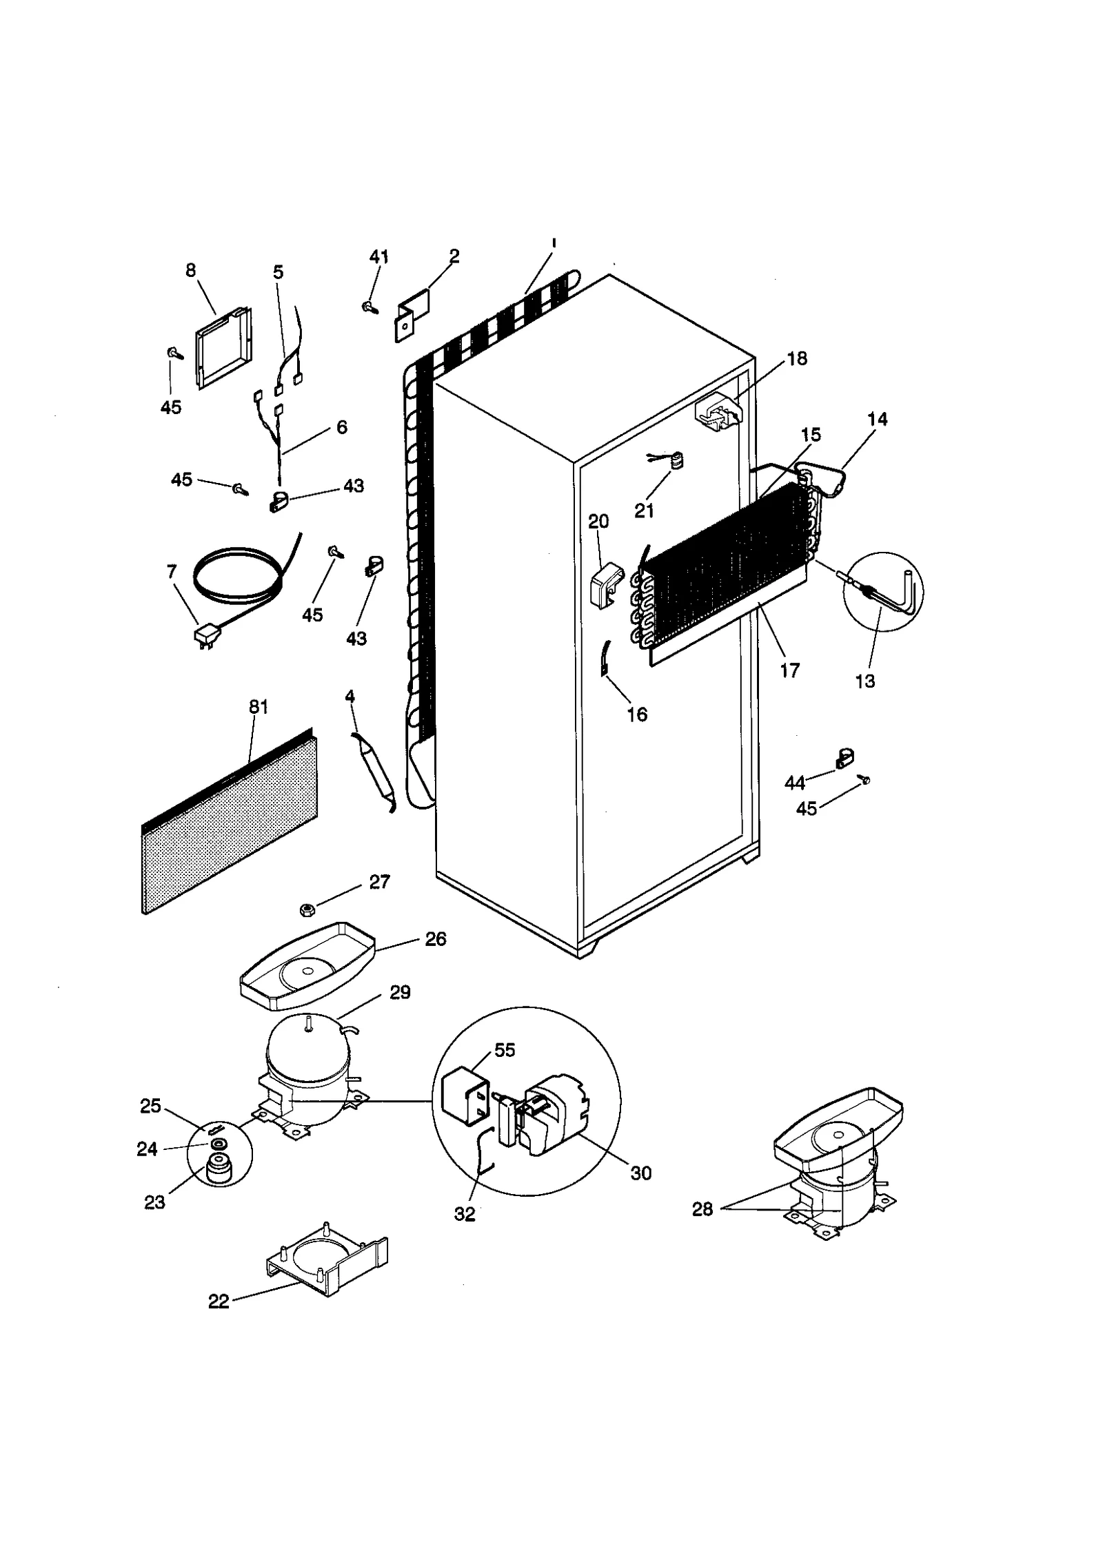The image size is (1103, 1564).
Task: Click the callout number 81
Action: tap(259, 707)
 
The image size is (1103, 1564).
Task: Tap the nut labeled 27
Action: tap(306, 910)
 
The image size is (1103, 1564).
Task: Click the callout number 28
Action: tap(702, 1208)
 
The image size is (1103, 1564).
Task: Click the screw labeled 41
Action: tap(370, 307)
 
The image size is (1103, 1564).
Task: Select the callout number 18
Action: tap(797, 358)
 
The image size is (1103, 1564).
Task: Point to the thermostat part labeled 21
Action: tap(676, 460)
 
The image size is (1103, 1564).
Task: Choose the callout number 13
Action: tap(864, 681)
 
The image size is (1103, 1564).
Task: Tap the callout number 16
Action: tap(637, 714)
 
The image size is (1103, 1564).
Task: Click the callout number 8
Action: tap(191, 270)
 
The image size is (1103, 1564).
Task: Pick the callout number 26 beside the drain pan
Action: tap(436, 938)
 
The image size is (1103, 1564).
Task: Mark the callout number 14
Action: tap(878, 418)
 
